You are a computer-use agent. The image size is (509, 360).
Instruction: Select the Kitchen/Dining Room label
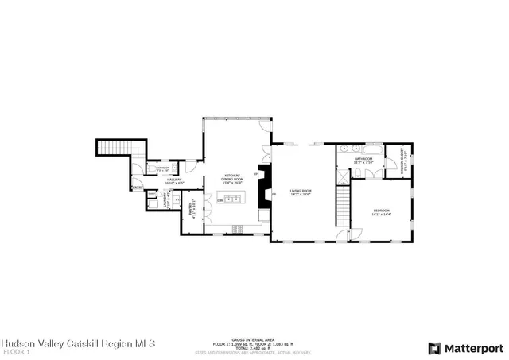coord(232,177)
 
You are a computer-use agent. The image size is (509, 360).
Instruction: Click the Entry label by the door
coord(138,188)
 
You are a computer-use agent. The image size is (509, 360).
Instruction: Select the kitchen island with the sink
coord(233,199)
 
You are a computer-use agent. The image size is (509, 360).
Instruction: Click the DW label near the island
coord(220,201)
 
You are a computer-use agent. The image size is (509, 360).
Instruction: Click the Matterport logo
coord(465,347)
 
